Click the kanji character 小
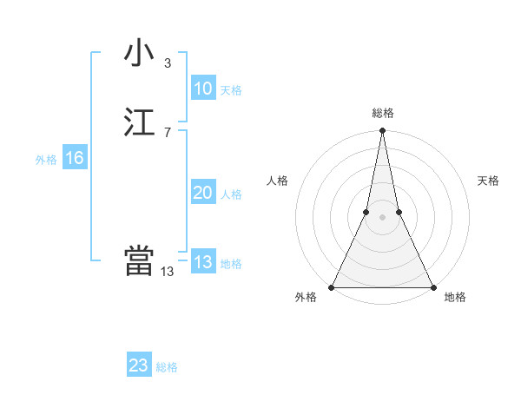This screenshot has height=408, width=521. tap(139, 53)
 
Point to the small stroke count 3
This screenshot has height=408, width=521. tap(167, 63)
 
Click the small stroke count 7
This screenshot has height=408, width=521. tap(167, 132)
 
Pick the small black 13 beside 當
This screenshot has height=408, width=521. tap(167, 271)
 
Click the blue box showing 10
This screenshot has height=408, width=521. tap(202, 89)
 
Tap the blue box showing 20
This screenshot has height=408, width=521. tap(202, 193)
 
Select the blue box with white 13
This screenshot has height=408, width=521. tap(202, 262)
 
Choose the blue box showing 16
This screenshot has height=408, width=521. tap(74, 158)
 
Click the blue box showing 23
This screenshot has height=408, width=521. tap(139, 365)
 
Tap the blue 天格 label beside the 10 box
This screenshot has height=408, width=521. tap(231, 90)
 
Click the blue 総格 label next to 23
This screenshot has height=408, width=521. tap(167, 367)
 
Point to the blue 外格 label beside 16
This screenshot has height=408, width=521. tap(46, 160)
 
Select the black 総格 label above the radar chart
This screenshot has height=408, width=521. tap(383, 114)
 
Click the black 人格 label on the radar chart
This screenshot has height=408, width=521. tap(277, 181)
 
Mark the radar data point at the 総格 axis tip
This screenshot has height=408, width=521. tap(382, 131)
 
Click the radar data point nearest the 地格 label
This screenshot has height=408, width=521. tap(432, 287)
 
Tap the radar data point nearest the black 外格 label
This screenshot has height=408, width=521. tap(332, 287)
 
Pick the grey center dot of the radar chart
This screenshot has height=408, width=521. tap(382, 217)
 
